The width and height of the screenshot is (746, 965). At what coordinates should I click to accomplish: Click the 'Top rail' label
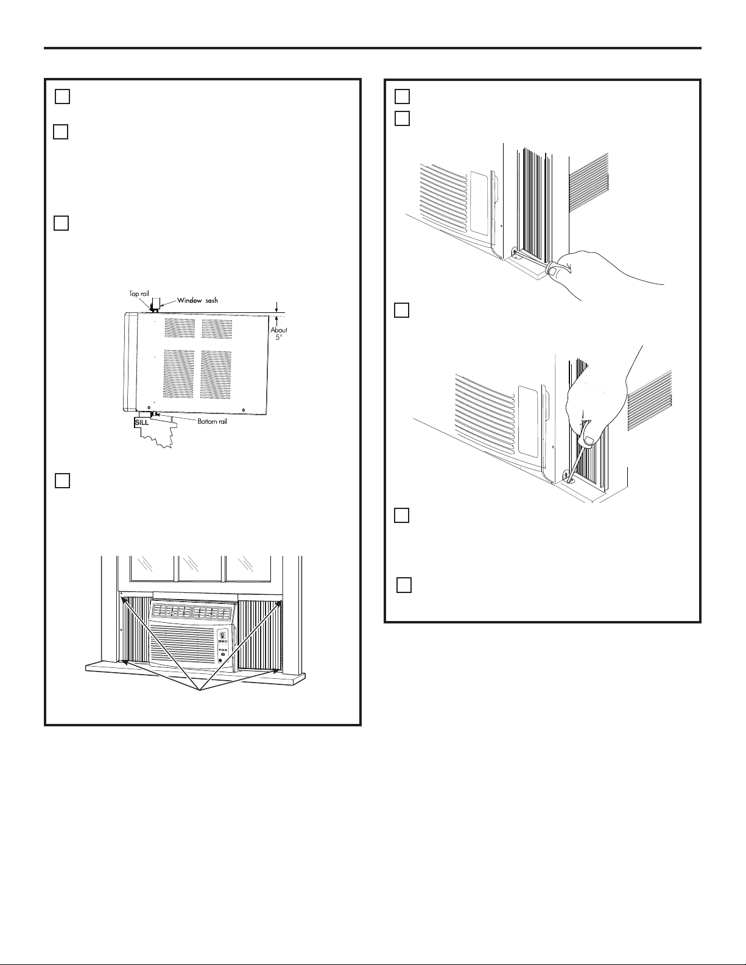[139, 293]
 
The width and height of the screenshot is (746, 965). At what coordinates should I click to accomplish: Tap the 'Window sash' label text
[197, 300]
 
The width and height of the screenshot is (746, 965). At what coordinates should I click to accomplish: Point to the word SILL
[142, 423]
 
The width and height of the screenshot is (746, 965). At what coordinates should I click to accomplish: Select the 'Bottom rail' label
[213, 421]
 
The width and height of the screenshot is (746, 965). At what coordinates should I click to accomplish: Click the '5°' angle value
[279, 337]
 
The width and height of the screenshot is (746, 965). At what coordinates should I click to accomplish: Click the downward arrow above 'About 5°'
[276, 306]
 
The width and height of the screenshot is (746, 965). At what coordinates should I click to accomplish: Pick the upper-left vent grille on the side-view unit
[180, 328]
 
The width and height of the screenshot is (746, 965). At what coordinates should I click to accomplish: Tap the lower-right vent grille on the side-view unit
[216, 374]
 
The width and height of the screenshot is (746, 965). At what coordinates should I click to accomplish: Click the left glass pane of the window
[153, 568]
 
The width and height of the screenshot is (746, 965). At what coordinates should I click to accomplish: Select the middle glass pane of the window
[200, 568]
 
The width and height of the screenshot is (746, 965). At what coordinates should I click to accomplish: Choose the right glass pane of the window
[248, 568]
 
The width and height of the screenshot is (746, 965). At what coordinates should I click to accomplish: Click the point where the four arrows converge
[200, 690]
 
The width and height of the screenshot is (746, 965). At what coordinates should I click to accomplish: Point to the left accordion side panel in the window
[135, 631]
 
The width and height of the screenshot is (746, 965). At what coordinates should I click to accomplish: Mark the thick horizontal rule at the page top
[373, 48]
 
